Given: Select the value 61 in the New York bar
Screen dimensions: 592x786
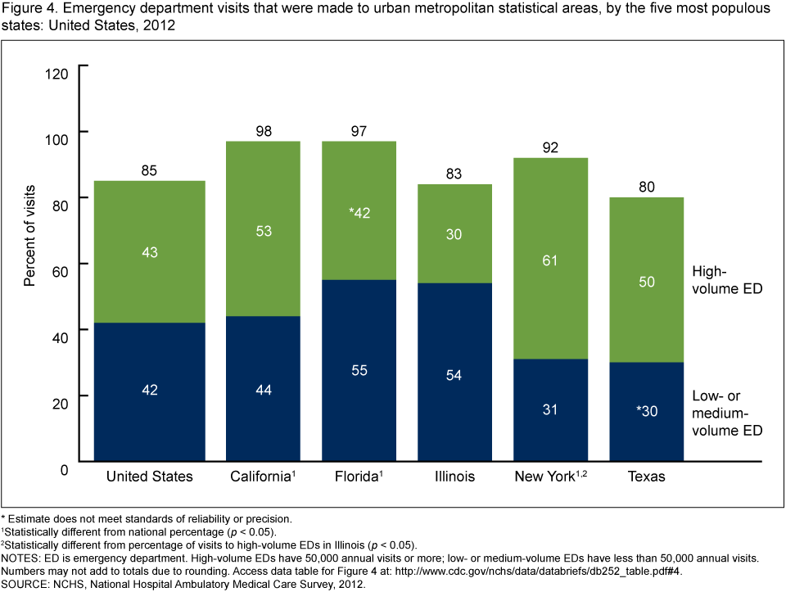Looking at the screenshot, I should [549, 260].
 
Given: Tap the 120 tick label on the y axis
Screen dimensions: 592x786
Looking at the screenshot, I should [57, 75].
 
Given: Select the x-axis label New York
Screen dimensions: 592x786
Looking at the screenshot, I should [544, 477].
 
